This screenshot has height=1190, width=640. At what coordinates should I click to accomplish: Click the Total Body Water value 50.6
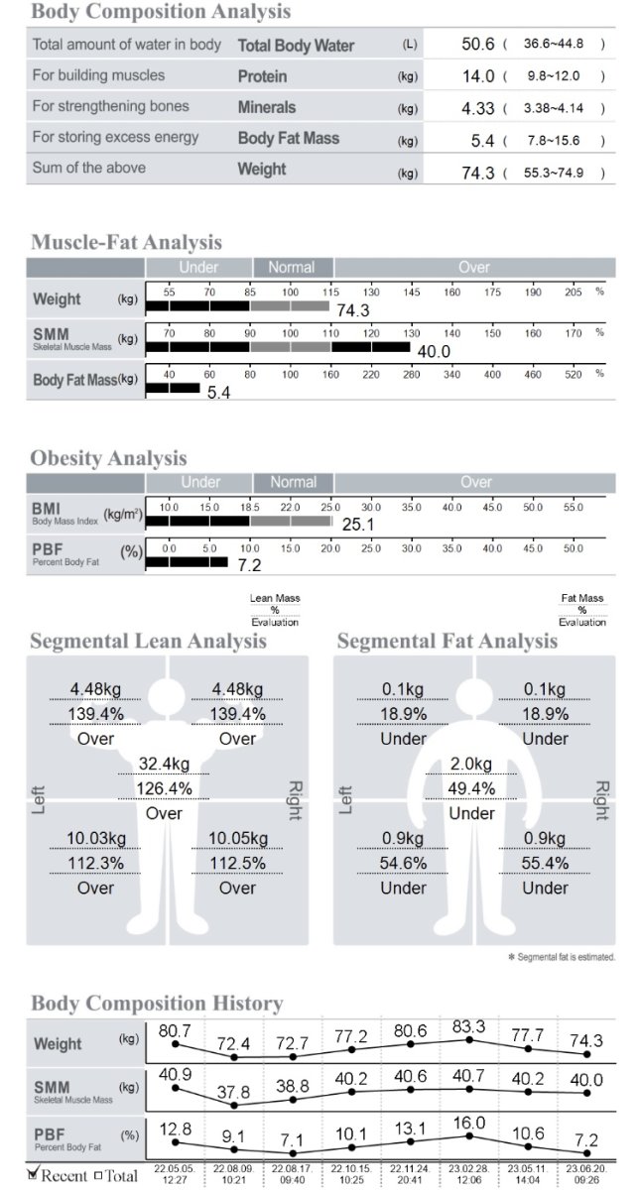tap(478, 45)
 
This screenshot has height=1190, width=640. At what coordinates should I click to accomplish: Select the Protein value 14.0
tap(478, 76)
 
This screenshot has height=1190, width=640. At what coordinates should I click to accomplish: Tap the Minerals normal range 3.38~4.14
tap(553, 108)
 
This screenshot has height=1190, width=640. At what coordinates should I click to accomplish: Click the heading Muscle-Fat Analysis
tap(126, 242)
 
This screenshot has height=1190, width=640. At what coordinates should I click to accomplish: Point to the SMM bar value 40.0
tap(433, 351)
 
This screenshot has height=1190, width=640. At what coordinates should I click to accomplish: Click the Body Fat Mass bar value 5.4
tap(218, 393)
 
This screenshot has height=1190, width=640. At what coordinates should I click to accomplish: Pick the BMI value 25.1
tap(358, 524)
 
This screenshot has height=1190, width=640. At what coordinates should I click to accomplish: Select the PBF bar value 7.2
tap(248, 565)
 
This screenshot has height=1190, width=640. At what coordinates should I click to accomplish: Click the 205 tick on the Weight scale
tap(574, 293)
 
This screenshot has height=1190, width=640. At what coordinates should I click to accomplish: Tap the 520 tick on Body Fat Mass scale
tap(574, 374)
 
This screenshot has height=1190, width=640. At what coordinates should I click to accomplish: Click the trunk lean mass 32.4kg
tap(164, 764)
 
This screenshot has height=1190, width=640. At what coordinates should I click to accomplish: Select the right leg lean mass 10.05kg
tap(237, 839)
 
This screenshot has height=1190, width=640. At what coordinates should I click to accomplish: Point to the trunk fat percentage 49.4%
tap(471, 788)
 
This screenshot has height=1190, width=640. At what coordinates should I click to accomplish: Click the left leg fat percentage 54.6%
tap(403, 863)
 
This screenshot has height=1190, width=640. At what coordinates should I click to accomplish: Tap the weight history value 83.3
tap(468, 1026)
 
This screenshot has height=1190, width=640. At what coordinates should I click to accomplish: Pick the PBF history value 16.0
tap(468, 1123)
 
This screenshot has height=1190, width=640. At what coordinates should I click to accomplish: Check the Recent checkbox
tap(33, 1174)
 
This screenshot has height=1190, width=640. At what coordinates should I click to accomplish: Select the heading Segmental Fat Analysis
tap(447, 642)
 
